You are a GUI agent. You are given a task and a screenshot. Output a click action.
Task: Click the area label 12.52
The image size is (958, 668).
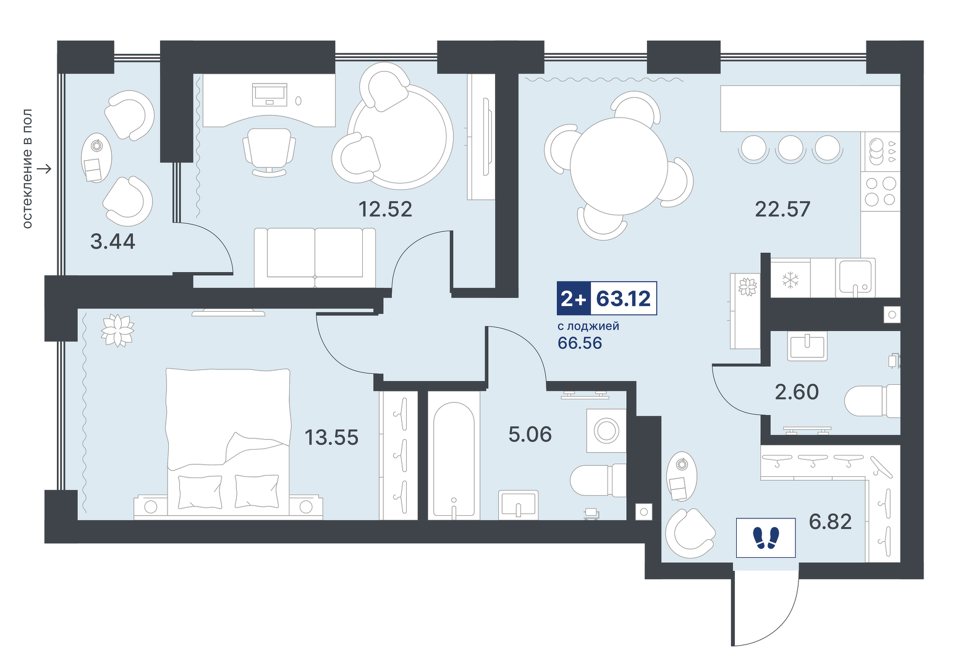385,209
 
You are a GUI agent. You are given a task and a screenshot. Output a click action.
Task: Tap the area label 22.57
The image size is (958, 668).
782,209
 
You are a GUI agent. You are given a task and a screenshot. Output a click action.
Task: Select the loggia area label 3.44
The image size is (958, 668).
113,241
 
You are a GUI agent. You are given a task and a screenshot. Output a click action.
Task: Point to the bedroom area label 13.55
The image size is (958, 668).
331,437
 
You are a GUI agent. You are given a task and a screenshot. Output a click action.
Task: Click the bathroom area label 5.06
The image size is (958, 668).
530,434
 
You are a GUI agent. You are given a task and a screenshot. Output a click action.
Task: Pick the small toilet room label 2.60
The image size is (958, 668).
797,392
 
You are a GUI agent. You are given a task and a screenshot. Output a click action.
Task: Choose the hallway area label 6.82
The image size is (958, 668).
830,521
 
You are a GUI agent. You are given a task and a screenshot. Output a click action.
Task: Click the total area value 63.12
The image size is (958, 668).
623,298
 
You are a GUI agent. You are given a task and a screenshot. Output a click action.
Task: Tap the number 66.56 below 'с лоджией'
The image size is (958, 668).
580,343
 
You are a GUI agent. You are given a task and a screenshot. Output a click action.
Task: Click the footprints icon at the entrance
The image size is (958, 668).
766,537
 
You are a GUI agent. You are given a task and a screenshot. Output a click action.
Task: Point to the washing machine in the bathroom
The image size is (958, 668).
606,430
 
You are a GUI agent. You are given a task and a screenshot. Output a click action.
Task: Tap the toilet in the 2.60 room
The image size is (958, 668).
873,401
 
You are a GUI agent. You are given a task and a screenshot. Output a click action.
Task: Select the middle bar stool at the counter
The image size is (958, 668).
790,148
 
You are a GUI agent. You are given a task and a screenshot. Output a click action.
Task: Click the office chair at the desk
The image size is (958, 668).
269,152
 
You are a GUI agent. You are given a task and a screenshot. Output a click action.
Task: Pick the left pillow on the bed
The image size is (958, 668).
200,491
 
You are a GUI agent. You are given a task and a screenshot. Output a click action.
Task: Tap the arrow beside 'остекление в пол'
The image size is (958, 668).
44,169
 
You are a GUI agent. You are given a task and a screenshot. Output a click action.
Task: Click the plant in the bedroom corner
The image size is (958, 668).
117,330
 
